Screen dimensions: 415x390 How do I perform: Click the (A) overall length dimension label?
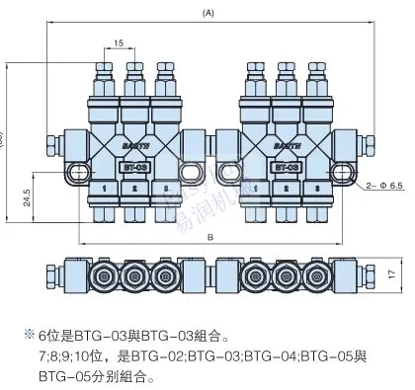pos(207,13)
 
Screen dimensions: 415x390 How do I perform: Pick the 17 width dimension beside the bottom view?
pos(392,247)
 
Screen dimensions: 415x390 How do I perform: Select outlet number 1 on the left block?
pos(105,185)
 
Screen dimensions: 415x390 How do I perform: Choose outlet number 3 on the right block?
pos(316,185)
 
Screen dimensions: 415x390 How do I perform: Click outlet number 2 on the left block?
pos(134,185)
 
